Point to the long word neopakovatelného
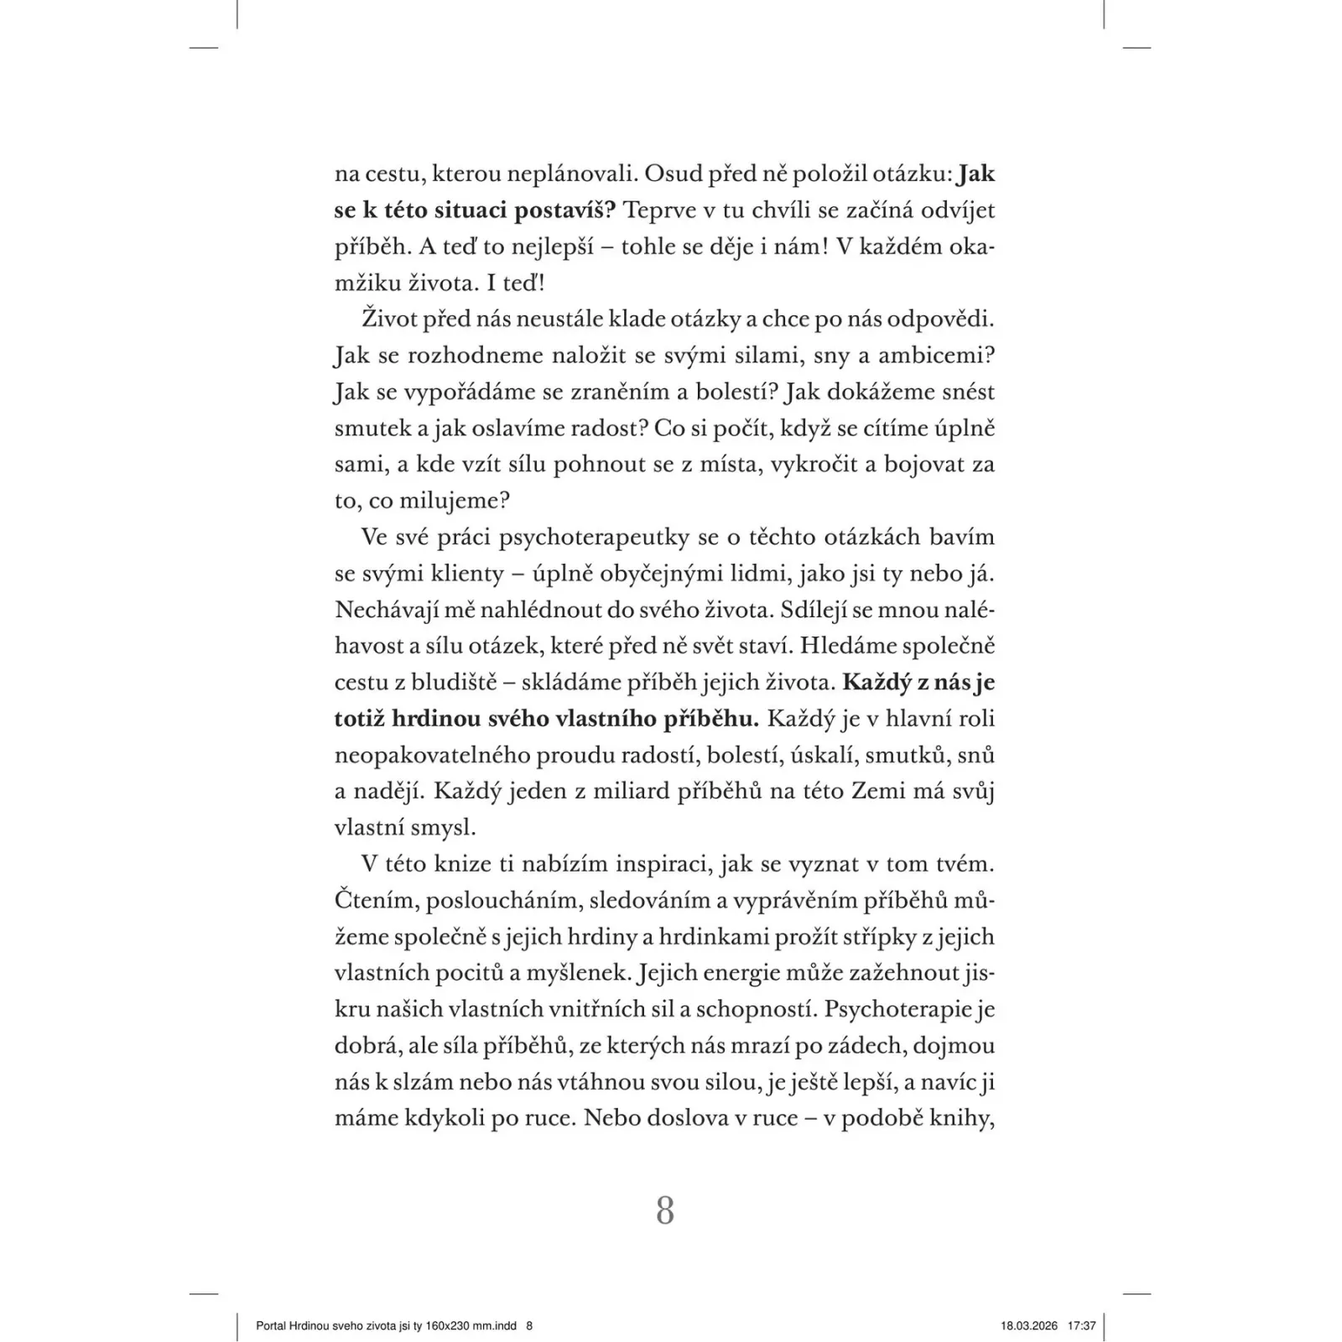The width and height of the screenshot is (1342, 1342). [x=431, y=756]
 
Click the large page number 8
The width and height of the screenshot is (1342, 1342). [x=664, y=1211]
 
